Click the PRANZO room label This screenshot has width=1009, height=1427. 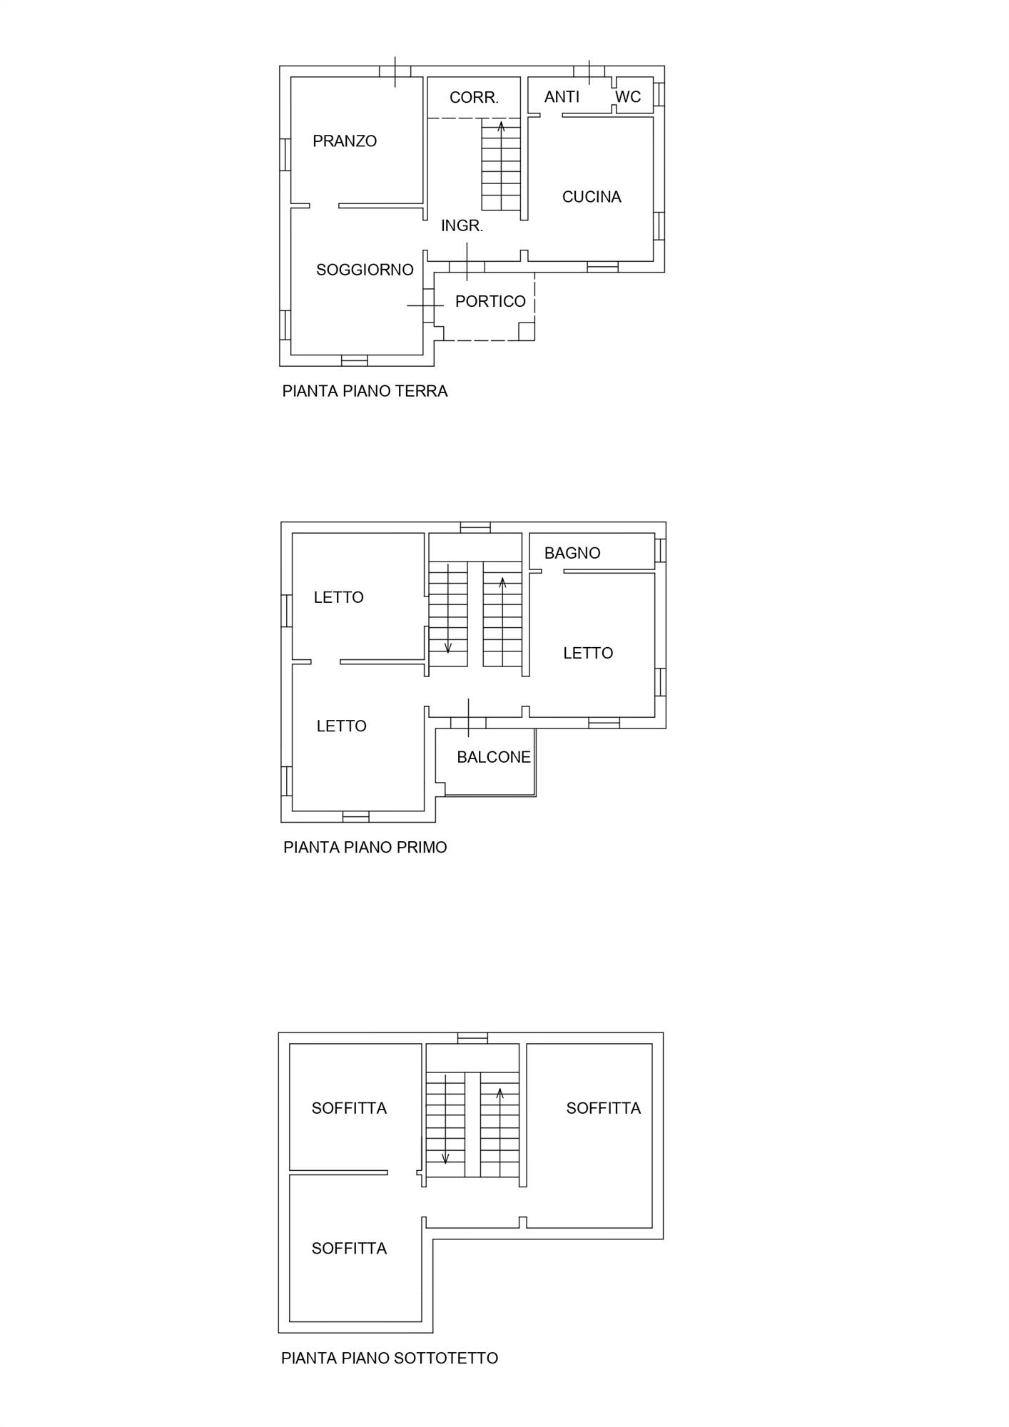point(345,141)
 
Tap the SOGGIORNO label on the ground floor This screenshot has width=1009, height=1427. point(365,270)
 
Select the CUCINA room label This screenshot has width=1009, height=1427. point(592,197)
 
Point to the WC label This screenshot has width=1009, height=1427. point(628,97)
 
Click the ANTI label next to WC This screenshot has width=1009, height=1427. point(562,97)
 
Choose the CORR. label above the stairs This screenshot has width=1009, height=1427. point(474,98)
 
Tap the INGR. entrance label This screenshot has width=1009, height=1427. point(462,226)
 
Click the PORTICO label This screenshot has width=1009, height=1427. point(490,302)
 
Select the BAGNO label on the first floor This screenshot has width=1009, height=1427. point(572,553)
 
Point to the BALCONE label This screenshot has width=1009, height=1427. point(494,757)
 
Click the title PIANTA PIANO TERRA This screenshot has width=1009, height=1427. point(365,391)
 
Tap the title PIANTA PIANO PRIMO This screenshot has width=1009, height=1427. point(365,848)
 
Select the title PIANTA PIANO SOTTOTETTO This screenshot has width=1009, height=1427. point(390,1359)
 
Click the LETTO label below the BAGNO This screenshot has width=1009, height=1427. point(588,653)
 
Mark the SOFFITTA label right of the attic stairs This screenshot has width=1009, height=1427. point(604,1108)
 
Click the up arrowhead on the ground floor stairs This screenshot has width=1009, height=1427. point(501,126)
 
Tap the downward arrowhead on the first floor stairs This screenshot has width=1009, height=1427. point(448,649)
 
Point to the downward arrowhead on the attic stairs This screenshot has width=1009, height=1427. point(445,1159)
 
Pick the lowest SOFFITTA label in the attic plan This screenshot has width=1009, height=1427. point(349,1249)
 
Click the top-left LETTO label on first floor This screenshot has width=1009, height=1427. point(339,597)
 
